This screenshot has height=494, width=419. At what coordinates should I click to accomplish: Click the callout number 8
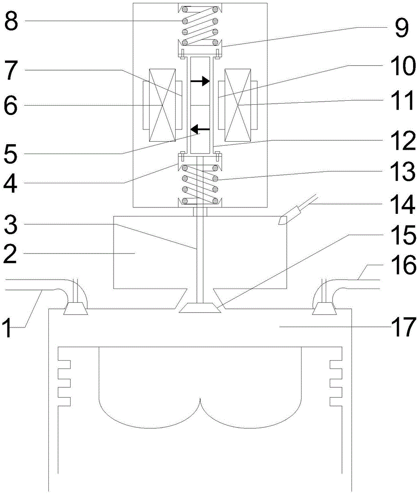click(x=12, y=21)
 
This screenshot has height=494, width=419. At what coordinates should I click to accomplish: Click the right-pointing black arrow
click(x=200, y=82)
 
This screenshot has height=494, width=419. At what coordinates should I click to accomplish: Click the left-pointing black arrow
click(x=200, y=129)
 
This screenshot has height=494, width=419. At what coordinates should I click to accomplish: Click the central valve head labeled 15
click(x=200, y=309)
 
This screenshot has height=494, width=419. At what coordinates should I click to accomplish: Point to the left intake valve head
click(x=76, y=310)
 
